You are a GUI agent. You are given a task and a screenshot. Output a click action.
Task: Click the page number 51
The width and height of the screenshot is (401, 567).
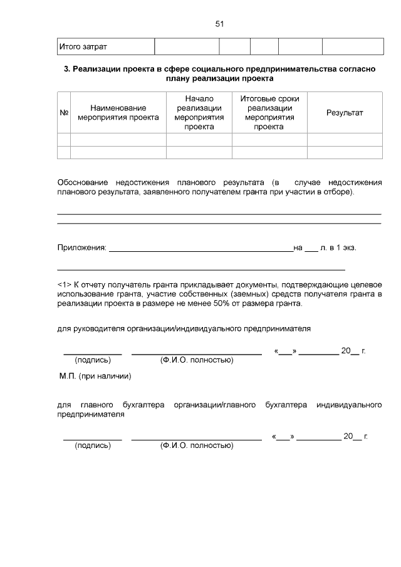coord(219,24)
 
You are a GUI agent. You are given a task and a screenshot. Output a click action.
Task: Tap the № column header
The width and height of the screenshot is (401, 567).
coord(63,113)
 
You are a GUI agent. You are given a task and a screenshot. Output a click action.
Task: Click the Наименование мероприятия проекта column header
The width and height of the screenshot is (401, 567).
coord(118,113)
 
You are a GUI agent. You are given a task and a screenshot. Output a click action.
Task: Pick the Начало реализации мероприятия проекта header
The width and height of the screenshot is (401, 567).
coord(199,113)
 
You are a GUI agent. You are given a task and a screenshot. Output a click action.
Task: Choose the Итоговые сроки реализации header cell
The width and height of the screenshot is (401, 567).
coord(269,113)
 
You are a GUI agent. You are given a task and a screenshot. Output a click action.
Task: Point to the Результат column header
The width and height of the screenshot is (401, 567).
coord(345,113)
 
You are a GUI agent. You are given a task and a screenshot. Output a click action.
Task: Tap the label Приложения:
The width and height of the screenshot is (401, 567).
coord(81,248)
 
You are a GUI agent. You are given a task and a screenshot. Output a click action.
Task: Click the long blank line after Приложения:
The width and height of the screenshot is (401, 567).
coord(200,249)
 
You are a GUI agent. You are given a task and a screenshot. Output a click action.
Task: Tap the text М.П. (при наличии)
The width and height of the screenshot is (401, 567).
coord(95,377)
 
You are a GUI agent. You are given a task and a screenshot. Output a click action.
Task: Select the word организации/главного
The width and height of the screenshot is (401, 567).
coord(216,405)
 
